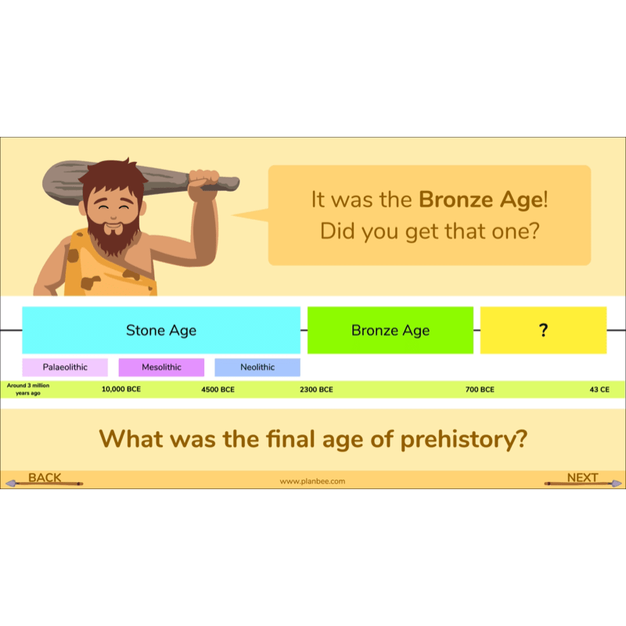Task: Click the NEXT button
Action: (x=583, y=478)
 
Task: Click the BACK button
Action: (x=45, y=478)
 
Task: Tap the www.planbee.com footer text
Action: (x=312, y=481)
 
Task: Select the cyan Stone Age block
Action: (x=161, y=330)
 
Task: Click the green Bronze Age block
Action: (x=390, y=330)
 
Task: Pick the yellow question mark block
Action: (x=543, y=330)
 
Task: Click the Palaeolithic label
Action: (x=65, y=367)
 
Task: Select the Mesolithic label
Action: (x=161, y=367)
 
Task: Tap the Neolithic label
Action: (x=257, y=367)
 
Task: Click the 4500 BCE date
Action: (x=218, y=389)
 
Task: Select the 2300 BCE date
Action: (x=316, y=389)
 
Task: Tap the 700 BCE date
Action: (x=480, y=389)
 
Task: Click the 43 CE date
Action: (x=599, y=389)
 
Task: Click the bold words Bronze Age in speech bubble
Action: (x=480, y=200)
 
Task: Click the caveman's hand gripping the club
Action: (x=204, y=179)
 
